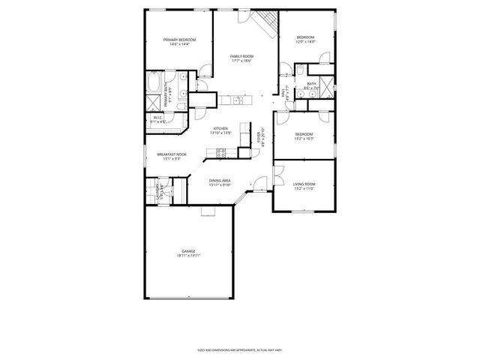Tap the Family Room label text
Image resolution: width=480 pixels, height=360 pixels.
tap(241, 56)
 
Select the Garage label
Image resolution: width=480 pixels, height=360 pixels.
tap(188, 251)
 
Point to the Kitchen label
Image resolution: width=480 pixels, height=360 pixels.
tap(220, 128)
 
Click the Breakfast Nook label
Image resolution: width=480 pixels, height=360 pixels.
tap(172, 154)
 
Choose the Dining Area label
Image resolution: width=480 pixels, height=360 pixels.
tap(220, 181)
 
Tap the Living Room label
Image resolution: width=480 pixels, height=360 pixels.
tap(304, 184)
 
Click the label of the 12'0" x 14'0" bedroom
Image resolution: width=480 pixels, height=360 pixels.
tap(305, 37)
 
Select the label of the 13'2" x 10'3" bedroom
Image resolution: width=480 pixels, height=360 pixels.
tap(304, 134)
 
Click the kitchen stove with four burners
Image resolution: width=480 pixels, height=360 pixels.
tap(221, 152)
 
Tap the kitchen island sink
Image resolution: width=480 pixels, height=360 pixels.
tap(235, 99)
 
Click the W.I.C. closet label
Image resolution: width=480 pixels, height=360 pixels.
tap(158, 118)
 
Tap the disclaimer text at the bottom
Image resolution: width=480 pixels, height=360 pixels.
tap(239, 349)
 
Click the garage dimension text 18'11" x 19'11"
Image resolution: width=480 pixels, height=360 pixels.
tap(188, 256)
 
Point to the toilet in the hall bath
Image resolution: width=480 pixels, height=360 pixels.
tap(298, 69)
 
